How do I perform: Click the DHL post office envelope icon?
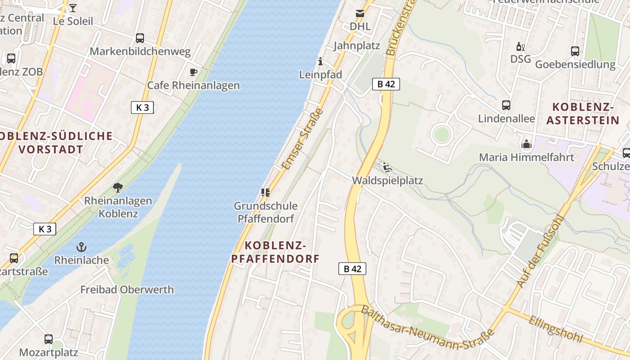click(x=360, y=13)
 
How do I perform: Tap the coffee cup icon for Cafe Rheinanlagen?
click(x=193, y=72)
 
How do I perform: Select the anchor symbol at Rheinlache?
click(x=81, y=247)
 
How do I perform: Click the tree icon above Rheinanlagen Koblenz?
click(x=118, y=187)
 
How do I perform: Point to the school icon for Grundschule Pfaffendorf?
click(x=265, y=193)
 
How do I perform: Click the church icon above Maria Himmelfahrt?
click(x=526, y=144)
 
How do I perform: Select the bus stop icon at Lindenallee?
click(x=506, y=105)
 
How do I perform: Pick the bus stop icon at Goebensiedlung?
click(x=575, y=51)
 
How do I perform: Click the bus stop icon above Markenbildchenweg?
click(x=140, y=38)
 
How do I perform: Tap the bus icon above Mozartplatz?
click(x=49, y=339)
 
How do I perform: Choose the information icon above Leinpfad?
click(x=320, y=61)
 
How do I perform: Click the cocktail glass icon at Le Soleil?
click(x=73, y=8)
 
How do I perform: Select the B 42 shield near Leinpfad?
click(x=386, y=84)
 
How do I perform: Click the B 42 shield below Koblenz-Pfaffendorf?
click(x=352, y=269)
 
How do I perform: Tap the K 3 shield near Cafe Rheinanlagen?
click(x=143, y=107)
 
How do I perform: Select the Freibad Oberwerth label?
click(x=127, y=289)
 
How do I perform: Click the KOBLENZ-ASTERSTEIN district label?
click(x=583, y=113)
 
